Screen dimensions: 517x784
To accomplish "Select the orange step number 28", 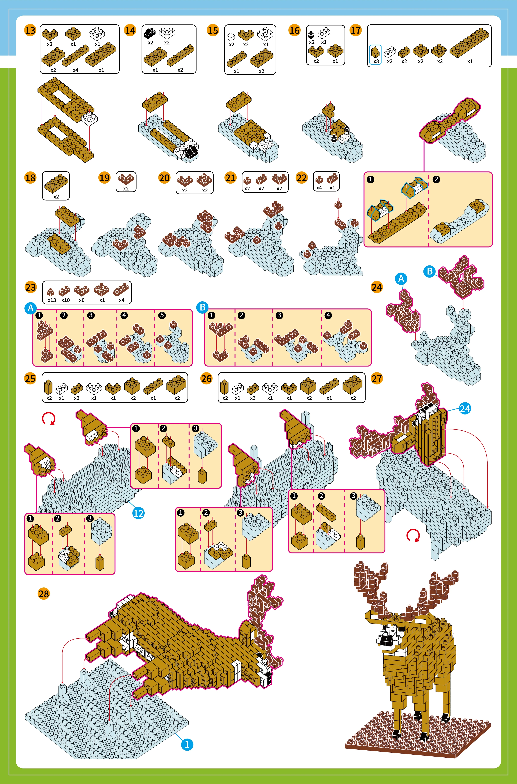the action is pyautogui.click(x=43, y=594).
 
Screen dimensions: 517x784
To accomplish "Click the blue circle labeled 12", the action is pyautogui.click(x=139, y=513).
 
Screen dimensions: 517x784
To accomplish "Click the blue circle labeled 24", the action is pyautogui.click(x=465, y=409).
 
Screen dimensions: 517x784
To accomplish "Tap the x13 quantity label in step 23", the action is pyautogui.click(x=51, y=300).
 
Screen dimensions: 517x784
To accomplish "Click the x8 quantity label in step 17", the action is pyautogui.click(x=376, y=61).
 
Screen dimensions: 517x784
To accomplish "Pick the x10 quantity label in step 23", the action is pyautogui.click(x=65, y=300).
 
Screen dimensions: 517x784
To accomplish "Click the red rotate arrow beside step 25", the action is pyautogui.click(x=48, y=419).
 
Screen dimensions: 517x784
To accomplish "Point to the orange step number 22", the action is pyautogui.click(x=302, y=178).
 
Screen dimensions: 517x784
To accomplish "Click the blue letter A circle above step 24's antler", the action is pyautogui.click(x=401, y=278).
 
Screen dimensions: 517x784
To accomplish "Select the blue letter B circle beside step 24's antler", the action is pyautogui.click(x=430, y=271).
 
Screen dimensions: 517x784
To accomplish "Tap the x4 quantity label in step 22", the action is pyautogui.click(x=319, y=188).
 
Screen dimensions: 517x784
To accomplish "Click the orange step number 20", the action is pyautogui.click(x=164, y=178).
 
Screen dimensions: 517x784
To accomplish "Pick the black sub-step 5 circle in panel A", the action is pyautogui.click(x=162, y=315).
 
